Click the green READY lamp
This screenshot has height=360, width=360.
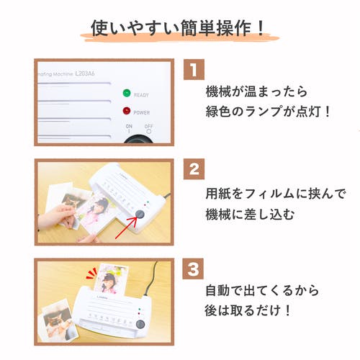coord(127,93)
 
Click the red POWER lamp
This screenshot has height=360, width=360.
coord(127,111)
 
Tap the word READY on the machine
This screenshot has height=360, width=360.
coord(141,95)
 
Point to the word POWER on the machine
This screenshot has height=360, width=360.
coord(142,112)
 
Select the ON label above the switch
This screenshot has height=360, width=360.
coord(129,126)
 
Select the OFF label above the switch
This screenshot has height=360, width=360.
coord(148,126)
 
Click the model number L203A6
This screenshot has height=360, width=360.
coord(85,73)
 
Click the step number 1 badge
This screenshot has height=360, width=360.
coord(194,69)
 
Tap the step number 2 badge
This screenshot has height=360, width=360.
coord(194,169)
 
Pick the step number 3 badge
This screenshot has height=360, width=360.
coord(193,269)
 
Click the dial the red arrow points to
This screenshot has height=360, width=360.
coord(140,214)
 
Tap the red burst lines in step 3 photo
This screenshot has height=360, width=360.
coord(91,274)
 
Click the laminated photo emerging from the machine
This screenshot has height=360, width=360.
coord(111,279)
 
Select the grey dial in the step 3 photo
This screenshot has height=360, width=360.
coord(140,324)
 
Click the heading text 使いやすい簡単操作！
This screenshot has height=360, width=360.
coord(178,28)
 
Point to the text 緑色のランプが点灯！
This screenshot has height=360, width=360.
coord(268,111)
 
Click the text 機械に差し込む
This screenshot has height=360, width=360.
coord(250,215)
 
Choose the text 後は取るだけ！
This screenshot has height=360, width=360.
coord(248,310)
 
